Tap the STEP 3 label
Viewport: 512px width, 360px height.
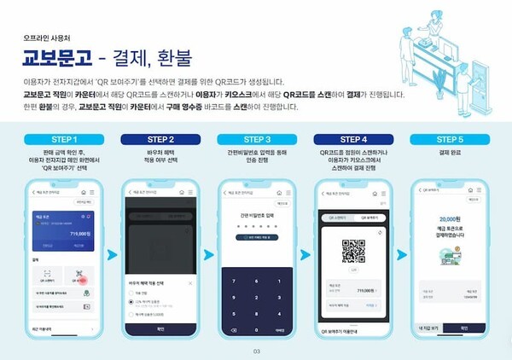tap(254, 139)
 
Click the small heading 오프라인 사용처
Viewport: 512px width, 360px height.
tap(44, 38)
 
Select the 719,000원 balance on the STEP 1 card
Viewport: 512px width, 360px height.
tap(79, 233)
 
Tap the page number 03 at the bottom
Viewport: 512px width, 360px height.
tap(255, 350)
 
